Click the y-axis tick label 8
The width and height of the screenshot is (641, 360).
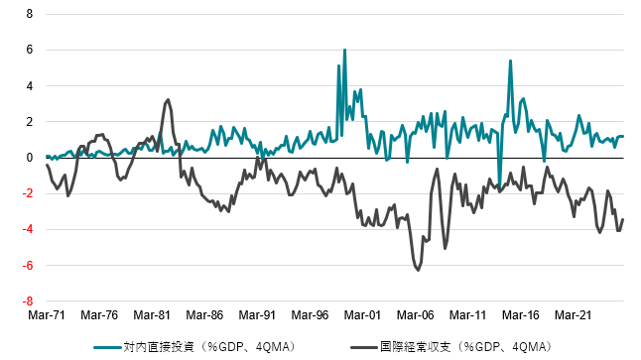(29, 14)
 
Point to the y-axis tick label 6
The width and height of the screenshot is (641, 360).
(29, 50)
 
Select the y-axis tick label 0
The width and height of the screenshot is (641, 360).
(29, 158)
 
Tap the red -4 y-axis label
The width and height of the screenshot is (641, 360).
(27, 230)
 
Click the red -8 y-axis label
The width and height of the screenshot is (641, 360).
(27, 301)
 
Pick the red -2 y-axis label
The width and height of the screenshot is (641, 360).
(27, 193)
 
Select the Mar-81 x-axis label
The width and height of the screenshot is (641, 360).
(152, 314)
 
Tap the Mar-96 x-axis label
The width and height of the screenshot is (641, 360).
(310, 314)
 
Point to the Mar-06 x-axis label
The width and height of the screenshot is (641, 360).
(415, 314)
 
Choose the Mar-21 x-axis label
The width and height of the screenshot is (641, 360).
(573, 314)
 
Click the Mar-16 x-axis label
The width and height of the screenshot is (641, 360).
(520, 314)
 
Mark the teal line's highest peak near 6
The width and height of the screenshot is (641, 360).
(344, 50)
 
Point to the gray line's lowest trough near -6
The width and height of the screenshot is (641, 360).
(418, 270)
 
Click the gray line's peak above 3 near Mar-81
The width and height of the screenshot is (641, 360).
(168, 99)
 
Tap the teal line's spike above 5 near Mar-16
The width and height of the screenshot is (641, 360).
(510, 60)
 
